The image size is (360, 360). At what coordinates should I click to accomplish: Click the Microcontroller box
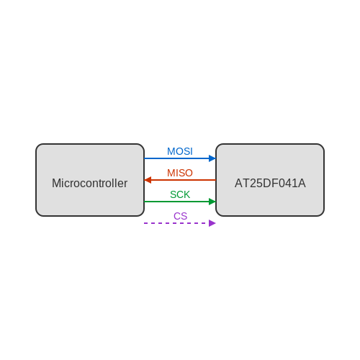tap(90, 180)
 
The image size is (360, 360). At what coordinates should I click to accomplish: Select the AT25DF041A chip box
tap(270, 180)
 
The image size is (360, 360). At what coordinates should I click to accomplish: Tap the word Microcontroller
tap(89, 183)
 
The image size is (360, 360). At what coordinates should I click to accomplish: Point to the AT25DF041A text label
tap(270, 183)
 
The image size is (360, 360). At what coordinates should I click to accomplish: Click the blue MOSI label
tap(180, 151)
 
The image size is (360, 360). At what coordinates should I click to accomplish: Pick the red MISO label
tap(180, 173)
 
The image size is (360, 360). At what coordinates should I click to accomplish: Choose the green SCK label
tap(180, 194)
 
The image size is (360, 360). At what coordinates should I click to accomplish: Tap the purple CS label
tap(180, 216)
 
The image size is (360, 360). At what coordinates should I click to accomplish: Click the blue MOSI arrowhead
tap(212, 158)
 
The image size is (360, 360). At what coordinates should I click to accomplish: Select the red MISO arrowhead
tap(148, 180)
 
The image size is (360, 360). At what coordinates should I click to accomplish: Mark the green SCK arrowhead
tap(212, 202)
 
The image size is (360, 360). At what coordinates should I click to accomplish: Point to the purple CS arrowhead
tap(212, 223)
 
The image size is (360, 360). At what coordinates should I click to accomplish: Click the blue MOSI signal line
tap(180, 158)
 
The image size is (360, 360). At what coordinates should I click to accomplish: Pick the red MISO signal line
tap(180, 180)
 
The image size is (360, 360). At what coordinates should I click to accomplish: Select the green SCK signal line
tap(180, 202)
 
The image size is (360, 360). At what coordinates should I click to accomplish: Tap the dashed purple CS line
tap(180, 223)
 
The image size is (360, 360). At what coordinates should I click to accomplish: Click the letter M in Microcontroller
tap(56, 183)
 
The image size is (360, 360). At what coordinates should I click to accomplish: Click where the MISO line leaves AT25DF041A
tap(216, 180)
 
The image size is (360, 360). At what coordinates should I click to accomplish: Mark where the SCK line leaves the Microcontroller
tap(144, 202)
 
